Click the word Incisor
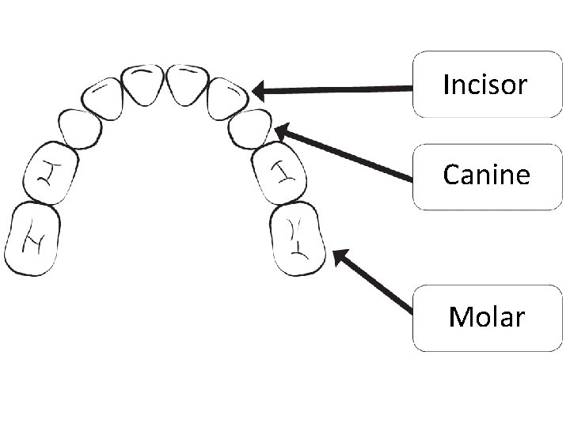[484, 84]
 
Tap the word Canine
[486, 174]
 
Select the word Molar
[486, 317]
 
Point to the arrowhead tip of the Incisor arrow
[253, 91]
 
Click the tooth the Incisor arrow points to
[229, 98]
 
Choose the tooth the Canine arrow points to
[250, 128]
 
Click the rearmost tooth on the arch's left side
[32, 239]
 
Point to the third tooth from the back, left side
[80, 128]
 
